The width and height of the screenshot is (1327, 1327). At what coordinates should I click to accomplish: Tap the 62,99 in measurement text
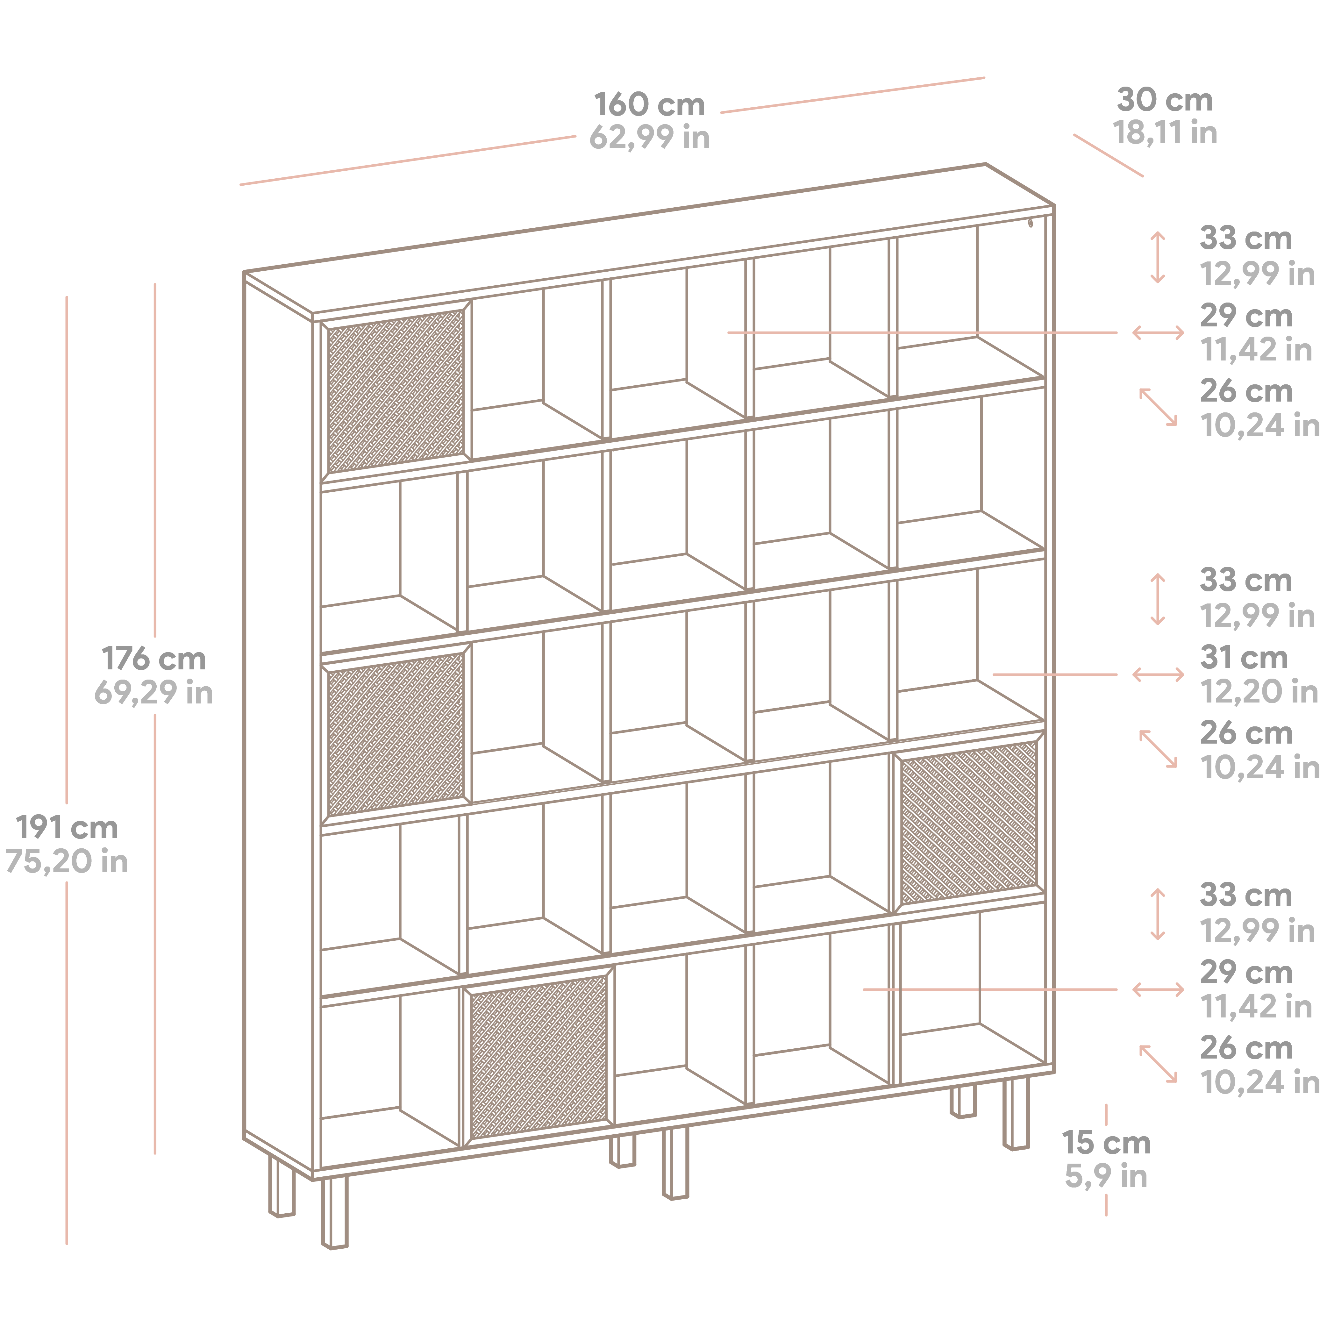pos(650,137)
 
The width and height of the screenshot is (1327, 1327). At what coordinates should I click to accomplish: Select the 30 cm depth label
pos(1165,100)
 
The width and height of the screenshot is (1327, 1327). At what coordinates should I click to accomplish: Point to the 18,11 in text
pos(1165,132)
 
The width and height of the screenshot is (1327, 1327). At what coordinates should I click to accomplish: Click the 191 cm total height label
pos(67,828)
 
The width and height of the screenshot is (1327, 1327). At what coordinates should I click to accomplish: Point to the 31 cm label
pos(1244,657)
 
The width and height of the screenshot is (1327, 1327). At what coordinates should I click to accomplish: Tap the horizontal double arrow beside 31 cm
pos(1158,674)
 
